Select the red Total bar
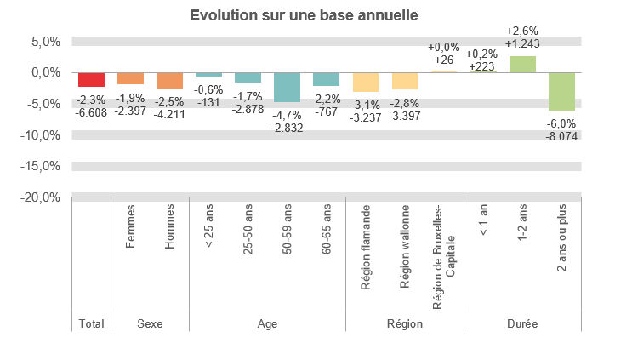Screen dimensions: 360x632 tap(91, 80)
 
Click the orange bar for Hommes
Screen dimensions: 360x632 tap(169, 81)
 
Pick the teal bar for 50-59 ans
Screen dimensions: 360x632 tap(287, 88)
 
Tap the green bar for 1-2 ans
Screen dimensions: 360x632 tap(522, 65)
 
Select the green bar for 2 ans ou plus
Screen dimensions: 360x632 tap(561, 92)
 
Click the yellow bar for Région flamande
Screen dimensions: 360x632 tap(365, 83)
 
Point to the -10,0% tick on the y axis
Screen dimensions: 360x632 tap(41, 135)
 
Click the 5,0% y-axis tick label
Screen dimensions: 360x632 tap(43, 42)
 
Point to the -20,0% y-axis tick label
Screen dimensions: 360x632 tap(41, 197)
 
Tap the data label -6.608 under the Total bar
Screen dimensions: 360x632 tap(91, 111)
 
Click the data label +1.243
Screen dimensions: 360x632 tap(522, 43)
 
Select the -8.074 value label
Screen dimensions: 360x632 tap(561, 135)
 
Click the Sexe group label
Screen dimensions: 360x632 tap(150, 323)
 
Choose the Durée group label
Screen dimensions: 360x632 tap(522, 323)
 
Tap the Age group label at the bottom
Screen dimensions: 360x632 tap(267, 323)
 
